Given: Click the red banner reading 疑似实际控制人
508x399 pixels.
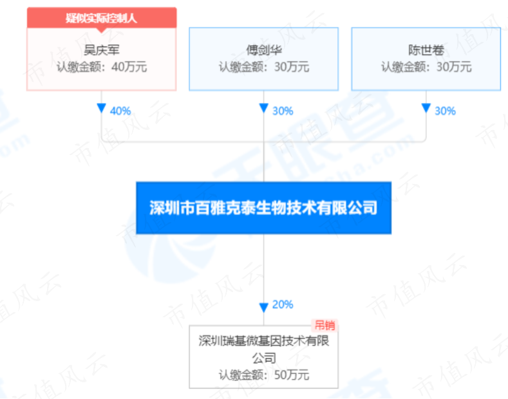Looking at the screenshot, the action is click(x=102, y=17).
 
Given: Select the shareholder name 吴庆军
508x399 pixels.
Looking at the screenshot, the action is click(x=102, y=50).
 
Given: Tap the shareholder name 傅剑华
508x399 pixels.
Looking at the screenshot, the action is click(x=264, y=50).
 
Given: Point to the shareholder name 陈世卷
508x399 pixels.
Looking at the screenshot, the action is click(x=426, y=50).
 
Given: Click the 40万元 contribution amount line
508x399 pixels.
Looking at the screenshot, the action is click(x=102, y=67).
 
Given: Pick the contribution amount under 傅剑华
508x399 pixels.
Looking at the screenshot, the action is click(x=264, y=67).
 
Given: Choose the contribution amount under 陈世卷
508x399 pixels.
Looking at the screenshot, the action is click(x=426, y=67).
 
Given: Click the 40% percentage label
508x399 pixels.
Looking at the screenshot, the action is click(x=120, y=111).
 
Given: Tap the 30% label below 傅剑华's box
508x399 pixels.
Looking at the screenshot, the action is click(x=283, y=111).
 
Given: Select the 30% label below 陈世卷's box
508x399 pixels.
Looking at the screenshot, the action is click(x=445, y=111).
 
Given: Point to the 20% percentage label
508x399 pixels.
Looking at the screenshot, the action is click(x=283, y=304).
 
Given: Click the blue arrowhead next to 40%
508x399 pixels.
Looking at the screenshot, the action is click(x=101, y=108).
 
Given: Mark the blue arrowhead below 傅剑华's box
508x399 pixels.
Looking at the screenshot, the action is click(x=264, y=108).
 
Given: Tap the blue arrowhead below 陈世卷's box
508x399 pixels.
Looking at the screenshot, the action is click(x=426, y=108).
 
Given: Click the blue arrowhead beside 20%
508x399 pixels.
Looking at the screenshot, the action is click(x=264, y=308).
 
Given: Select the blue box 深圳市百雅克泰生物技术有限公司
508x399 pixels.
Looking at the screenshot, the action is click(x=264, y=208).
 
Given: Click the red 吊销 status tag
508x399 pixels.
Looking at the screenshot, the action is click(x=325, y=325).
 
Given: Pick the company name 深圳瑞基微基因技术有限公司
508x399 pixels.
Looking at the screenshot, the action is click(x=264, y=349).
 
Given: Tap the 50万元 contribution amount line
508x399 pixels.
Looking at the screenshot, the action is click(x=264, y=375).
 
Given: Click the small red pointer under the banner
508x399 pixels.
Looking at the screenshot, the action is click(x=101, y=30).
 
